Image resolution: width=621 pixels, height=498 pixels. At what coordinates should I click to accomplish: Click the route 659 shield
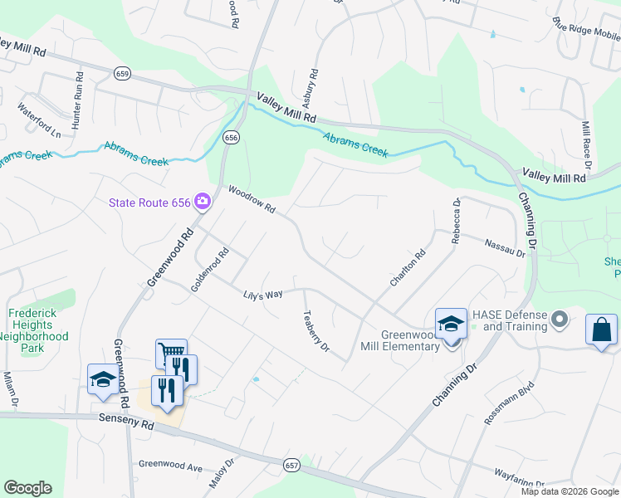pos(122,74)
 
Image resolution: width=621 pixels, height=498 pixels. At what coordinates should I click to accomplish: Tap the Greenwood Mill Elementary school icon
pos(451,325)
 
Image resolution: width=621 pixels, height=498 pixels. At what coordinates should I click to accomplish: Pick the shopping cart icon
pos(170,354)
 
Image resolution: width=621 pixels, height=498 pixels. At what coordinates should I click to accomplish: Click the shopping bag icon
pos(601,330)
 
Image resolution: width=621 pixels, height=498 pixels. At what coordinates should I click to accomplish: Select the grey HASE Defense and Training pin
pos(560,319)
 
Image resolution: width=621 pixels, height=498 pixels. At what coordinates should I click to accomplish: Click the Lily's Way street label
pos(263,295)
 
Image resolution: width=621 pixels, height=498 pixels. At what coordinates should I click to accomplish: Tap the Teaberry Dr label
pos(316,331)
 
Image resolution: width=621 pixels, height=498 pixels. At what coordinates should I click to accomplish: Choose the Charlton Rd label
pos(408,270)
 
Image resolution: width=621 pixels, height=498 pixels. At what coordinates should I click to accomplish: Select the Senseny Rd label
pos(125,424)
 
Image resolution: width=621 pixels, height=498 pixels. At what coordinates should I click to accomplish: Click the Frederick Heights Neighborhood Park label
pos(38,325)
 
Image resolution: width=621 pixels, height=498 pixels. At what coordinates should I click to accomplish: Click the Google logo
pos(27,488)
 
